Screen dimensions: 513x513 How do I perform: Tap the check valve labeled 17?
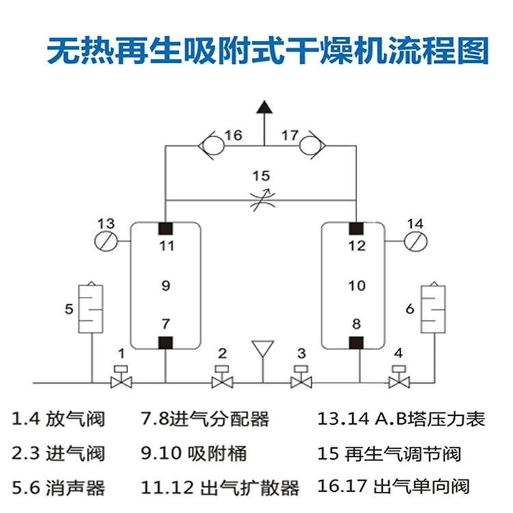tap(311, 145)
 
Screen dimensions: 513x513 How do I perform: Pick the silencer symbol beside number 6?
tap(433, 307)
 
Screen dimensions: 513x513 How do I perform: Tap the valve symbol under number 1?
tap(122, 378)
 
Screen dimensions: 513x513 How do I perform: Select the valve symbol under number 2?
tap(222, 378)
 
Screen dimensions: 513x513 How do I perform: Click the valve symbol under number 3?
tap(302, 378)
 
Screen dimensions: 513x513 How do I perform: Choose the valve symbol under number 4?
tap(399, 378)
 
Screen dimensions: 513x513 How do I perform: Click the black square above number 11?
tap(166, 228)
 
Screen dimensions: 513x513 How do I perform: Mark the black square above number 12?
tap(356, 228)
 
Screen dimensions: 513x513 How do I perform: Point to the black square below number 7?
tap(166, 342)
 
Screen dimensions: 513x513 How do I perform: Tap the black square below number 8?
tap(356, 342)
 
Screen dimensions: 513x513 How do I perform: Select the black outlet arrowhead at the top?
tap(263, 107)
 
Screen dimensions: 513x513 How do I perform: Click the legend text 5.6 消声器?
tap(59, 488)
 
